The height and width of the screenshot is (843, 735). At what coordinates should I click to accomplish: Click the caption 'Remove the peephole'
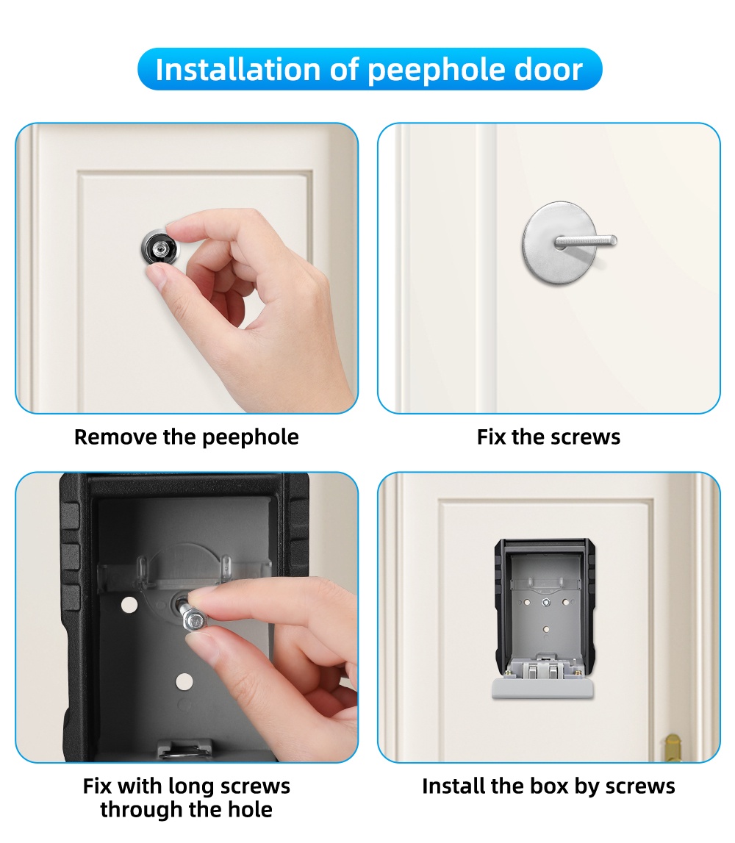187,437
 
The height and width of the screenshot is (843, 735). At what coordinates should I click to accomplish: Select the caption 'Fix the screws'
548,437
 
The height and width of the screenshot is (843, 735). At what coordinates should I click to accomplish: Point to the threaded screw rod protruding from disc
588,241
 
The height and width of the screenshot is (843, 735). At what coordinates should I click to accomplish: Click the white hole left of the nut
129,606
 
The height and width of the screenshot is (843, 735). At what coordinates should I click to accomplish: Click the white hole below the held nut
184,681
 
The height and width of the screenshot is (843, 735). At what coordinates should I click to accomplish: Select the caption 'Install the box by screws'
548,786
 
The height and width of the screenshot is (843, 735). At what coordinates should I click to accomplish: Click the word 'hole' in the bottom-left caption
248,810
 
